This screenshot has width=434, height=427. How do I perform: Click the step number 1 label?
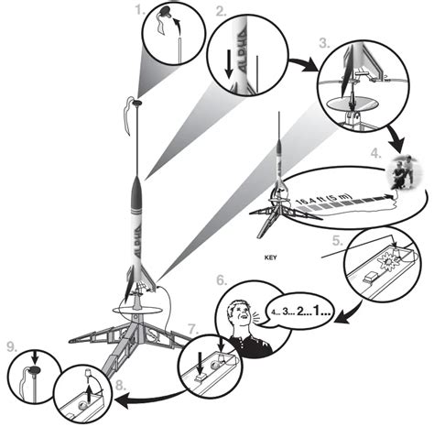point(140,10)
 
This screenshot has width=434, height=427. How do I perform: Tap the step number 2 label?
point(222,11)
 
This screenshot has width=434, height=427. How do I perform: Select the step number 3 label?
point(325,43)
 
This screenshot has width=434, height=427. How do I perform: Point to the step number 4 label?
point(376,154)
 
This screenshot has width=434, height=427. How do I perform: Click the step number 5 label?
point(338,241)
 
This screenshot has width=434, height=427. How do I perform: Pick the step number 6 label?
point(222,280)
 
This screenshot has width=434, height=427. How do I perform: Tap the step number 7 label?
point(193,330)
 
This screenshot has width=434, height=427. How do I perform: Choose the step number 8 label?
point(121,386)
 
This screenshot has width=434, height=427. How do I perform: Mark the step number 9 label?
point(13,346)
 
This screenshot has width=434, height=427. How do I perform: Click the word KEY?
point(271,257)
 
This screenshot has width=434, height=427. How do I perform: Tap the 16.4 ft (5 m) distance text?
point(323,199)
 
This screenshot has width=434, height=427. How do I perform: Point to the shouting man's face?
point(241,315)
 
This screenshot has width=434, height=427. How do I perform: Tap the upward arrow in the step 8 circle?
point(89,390)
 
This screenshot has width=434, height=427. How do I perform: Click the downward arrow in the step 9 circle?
point(35,356)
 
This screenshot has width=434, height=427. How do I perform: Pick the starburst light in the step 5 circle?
point(388,262)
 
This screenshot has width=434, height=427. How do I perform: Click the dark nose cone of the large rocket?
point(138,191)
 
